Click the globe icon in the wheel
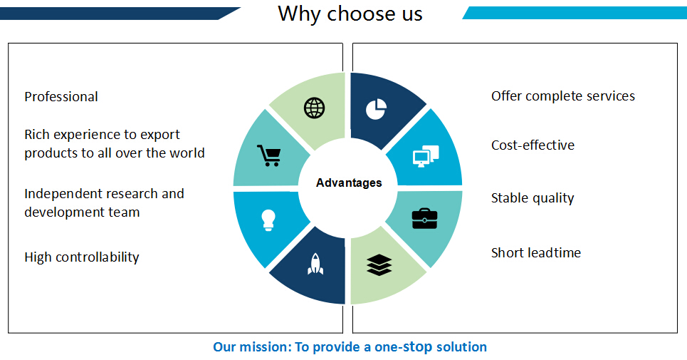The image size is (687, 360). pyautogui.click(x=315, y=108)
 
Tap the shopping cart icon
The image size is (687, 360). pyautogui.click(x=269, y=155)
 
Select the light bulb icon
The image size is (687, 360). pyautogui.click(x=268, y=220)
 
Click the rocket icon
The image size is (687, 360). pyautogui.click(x=315, y=264)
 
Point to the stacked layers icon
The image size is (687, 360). pyautogui.click(x=379, y=265)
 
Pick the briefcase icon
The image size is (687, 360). pyautogui.click(x=424, y=219)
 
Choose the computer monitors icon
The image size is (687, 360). pyautogui.click(x=426, y=155)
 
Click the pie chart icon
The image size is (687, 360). pyautogui.click(x=376, y=109)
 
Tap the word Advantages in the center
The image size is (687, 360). pyautogui.click(x=349, y=182)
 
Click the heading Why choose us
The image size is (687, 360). pyautogui.click(x=350, y=14)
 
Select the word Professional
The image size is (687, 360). pyautogui.click(x=61, y=96)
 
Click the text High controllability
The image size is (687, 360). pyautogui.click(x=81, y=257)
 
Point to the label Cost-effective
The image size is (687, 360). pyautogui.click(x=533, y=145)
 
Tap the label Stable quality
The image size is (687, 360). pyautogui.click(x=533, y=198)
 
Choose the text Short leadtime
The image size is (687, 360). pyautogui.click(x=536, y=252)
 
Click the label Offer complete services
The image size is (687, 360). pyautogui.click(x=563, y=96)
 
